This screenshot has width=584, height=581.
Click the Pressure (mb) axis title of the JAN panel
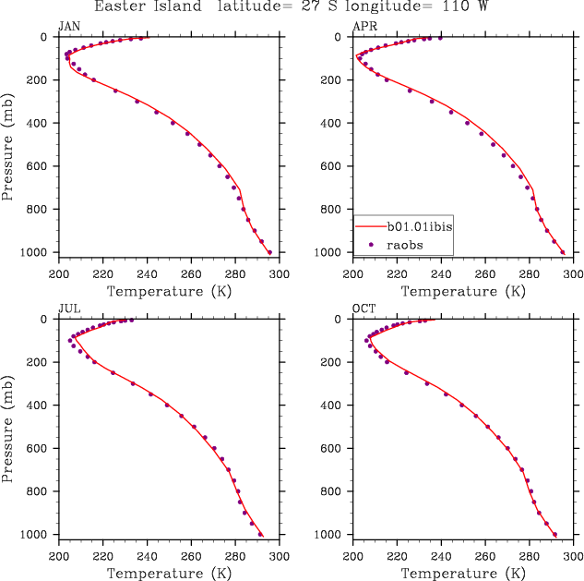pyautogui.click(x=8, y=145)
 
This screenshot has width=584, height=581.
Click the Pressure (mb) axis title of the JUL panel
pyautogui.click(x=8, y=427)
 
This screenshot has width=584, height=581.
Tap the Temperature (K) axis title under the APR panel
pyautogui.click(x=463, y=292)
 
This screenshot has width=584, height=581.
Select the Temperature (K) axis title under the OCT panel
pyautogui.click(x=463, y=574)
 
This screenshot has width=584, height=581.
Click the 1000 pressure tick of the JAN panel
pyautogui.click(x=37, y=253)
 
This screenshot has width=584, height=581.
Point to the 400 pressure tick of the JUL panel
pyautogui.click(x=41, y=405)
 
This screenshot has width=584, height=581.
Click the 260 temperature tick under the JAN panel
pyautogui.click(x=191, y=274)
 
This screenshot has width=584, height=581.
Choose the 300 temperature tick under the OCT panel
pyautogui.click(x=573, y=556)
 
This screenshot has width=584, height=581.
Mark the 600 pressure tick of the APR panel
pyautogui.click(x=336, y=166)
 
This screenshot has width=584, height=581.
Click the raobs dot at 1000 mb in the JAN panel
pyautogui.click(x=269, y=252)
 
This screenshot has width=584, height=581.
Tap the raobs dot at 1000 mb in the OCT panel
pyautogui.click(x=554, y=534)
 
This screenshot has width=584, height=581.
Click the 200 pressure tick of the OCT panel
pyautogui.click(x=336, y=362)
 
